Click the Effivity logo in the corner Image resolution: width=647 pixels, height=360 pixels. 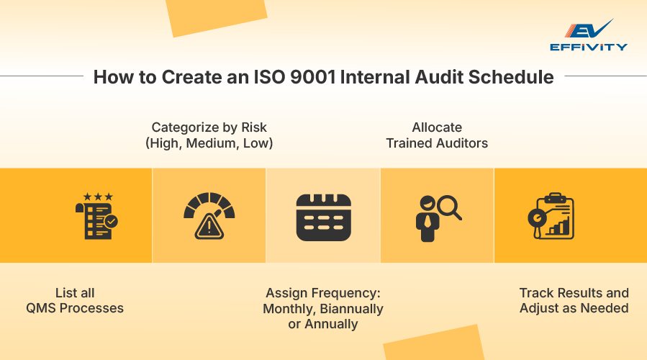(x=588, y=35)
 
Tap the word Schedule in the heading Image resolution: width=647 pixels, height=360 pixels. (x=510, y=77)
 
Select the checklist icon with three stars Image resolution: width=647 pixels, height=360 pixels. (x=96, y=216)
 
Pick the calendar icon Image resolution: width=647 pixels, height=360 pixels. (x=323, y=217)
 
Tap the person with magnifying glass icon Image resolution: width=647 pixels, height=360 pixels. (x=437, y=217)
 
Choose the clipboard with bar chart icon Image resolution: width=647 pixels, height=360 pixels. (x=550, y=216)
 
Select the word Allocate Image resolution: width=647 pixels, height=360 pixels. (x=437, y=127)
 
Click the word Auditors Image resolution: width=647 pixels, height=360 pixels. (x=462, y=143)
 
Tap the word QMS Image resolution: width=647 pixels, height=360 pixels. (x=40, y=308)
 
